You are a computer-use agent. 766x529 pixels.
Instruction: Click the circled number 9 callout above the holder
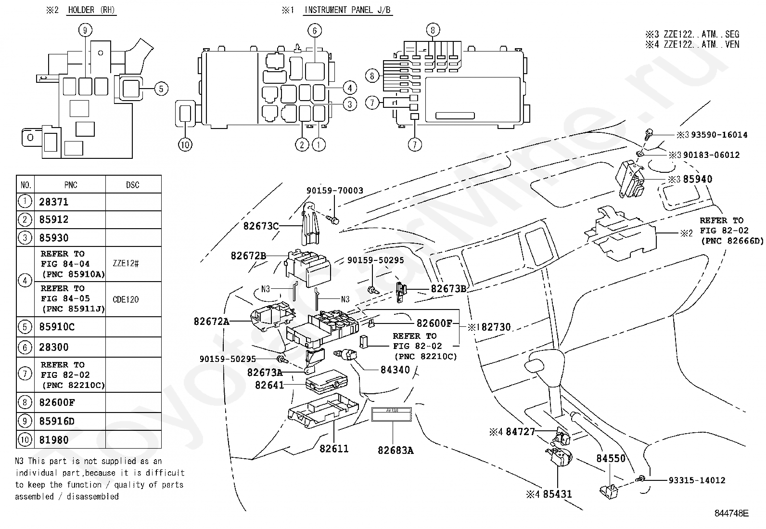[x=85, y=30]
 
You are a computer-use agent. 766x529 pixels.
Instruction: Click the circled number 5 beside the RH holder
[x=161, y=89]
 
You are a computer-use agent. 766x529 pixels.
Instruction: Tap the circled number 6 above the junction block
[x=314, y=30]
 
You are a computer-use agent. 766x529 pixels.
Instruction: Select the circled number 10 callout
[x=185, y=144]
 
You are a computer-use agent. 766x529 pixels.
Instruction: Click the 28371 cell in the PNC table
[x=54, y=202]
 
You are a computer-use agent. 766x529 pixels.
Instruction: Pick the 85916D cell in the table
[x=57, y=421]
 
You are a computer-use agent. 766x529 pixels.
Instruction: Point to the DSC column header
[x=132, y=185]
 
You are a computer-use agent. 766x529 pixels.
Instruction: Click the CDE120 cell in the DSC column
[x=126, y=299]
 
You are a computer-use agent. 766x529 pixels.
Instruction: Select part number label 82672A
[x=212, y=321]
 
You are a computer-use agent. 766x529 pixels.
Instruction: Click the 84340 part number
[x=395, y=370]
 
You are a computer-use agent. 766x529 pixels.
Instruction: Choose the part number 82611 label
[x=334, y=449]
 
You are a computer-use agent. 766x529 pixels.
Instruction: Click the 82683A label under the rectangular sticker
[x=396, y=450]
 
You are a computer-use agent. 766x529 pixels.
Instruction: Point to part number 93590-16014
[x=719, y=135]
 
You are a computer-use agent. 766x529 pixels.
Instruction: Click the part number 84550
[x=611, y=458]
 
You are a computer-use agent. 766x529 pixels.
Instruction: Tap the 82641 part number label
[x=269, y=385]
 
